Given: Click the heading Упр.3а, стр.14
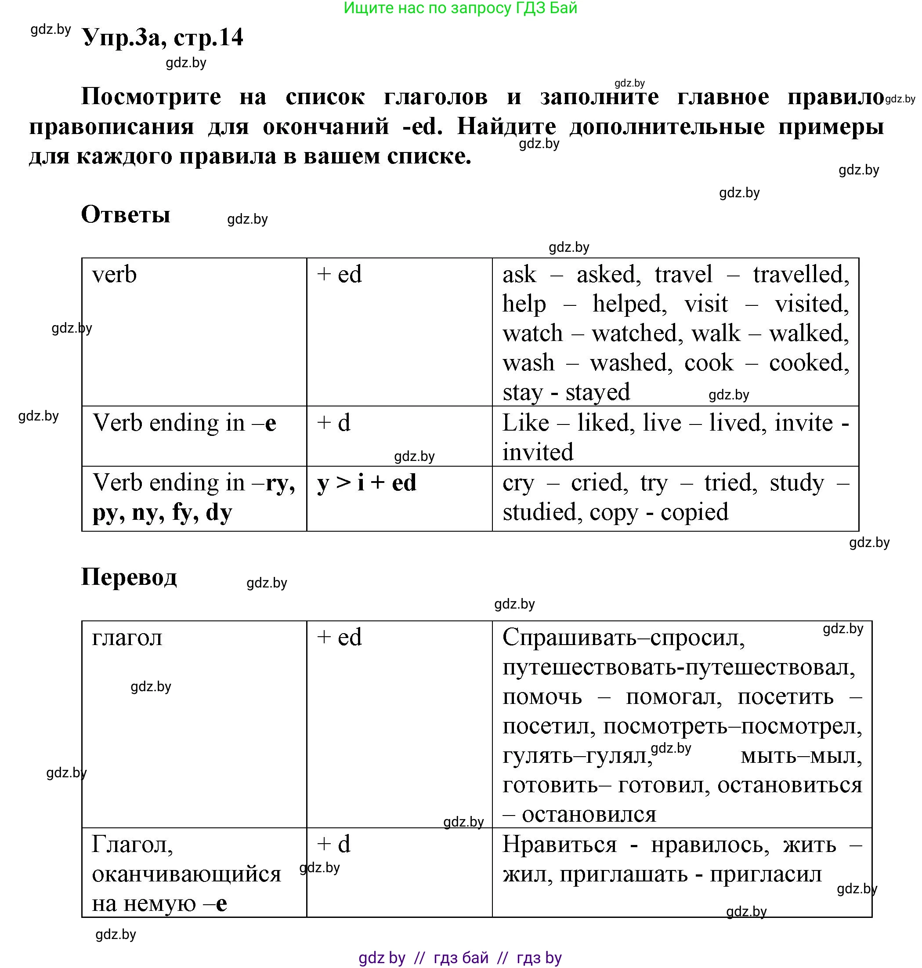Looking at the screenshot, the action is [162, 37].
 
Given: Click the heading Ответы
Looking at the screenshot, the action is [125, 214].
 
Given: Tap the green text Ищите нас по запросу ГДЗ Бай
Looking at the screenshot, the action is [460, 8].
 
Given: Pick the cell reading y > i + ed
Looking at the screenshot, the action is [367, 483].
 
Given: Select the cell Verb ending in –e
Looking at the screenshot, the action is [184, 423].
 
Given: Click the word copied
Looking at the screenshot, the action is [694, 512].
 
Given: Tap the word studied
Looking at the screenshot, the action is [539, 512].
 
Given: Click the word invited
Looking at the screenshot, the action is [538, 452].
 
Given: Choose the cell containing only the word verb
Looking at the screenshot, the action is [114, 275].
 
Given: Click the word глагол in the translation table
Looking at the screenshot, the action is [127, 638].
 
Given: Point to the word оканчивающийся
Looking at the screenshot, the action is [186, 874].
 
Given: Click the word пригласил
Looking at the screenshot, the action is [765, 874].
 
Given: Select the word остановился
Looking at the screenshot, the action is [589, 815].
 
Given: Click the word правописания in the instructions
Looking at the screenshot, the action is [112, 127].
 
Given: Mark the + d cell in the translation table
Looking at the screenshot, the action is [334, 844].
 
